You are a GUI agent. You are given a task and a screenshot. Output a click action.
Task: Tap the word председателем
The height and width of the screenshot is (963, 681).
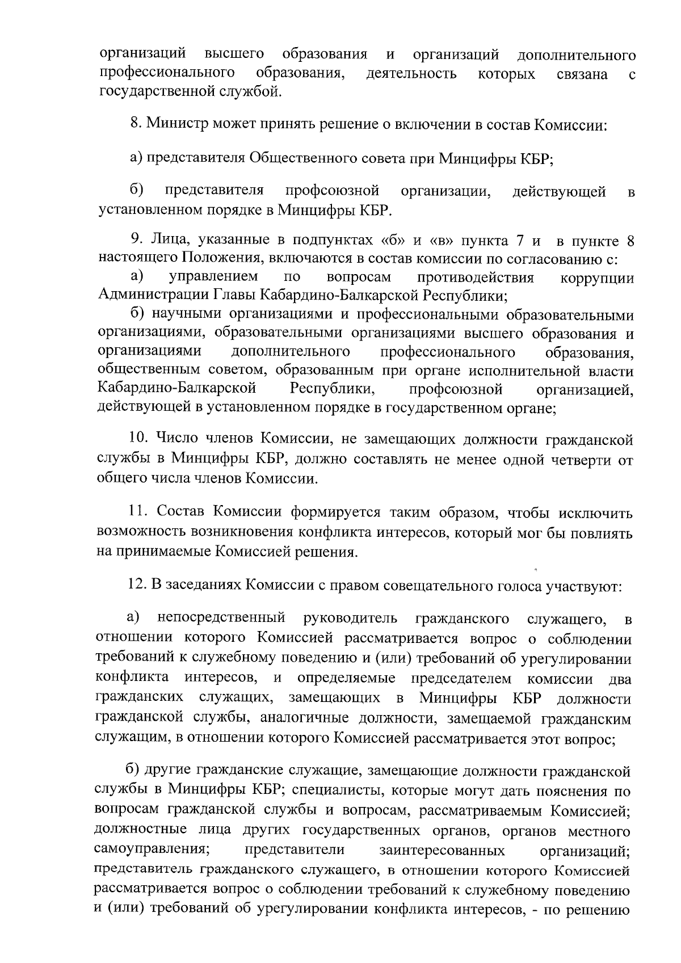[x=461, y=679]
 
